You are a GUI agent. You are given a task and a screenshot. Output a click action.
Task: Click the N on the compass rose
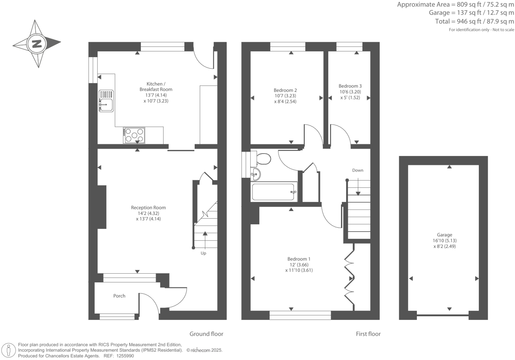click(x=36, y=43)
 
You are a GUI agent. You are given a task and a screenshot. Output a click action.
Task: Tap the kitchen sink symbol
click(x=106, y=101)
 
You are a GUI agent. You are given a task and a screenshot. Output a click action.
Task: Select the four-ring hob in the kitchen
click(x=134, y=135)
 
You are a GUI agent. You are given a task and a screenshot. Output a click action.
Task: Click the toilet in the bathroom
click(x=263, y=159)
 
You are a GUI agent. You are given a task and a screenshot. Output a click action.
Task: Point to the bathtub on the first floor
click(x=273, y=192)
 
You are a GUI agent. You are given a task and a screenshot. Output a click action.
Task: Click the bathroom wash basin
click(x=256, y=174)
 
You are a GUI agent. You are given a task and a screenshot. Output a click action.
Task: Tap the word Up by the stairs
click(x=203, y=253)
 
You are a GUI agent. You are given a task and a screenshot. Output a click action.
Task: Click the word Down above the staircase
click(x=357, y=170)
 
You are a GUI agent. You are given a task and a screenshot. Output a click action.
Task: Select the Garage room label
click(x=444, y=235)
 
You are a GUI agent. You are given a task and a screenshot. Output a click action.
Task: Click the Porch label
click(x=119, y=296)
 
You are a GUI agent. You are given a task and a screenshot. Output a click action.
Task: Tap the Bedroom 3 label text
click(x=350, y=86)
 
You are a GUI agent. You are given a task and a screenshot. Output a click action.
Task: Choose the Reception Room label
click(x=148, y=208)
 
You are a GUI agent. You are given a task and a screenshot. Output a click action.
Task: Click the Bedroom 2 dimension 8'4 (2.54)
click(x=285, y=102)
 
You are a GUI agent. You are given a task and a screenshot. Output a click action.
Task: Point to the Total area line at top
click(x=474, y=22)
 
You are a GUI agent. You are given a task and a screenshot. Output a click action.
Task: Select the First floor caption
click(x=368, y=334)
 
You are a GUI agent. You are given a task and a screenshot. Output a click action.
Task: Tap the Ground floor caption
click(x=206, y=334)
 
